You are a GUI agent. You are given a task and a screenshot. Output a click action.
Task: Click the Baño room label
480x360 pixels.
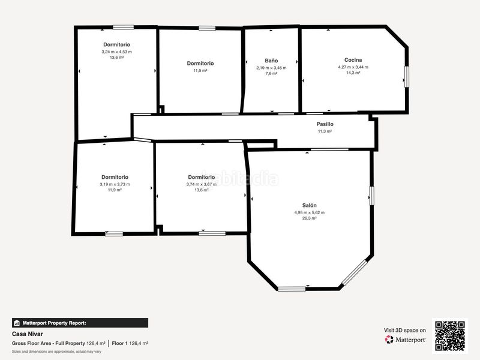point(271,61)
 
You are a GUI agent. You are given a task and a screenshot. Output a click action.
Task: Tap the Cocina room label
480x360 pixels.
point(353,60)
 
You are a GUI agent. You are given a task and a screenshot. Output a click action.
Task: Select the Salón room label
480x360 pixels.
point(309,205)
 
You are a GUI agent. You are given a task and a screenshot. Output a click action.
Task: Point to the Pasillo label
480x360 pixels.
point(325,124)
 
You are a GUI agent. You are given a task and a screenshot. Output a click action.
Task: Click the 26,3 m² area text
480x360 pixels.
point(309,218)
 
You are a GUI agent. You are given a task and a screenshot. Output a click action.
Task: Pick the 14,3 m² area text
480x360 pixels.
point(353,73)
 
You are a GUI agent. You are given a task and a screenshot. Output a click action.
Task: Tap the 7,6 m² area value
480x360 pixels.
point(271,73)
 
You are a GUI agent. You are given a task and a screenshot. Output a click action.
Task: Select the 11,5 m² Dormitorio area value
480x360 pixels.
point(200,70)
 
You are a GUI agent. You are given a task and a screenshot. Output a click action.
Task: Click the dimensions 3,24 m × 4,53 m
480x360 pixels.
point(116,52)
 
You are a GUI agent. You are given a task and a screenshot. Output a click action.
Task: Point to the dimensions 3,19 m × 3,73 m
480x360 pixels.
point(115,184)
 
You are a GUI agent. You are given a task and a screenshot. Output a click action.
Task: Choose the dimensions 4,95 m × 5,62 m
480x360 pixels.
point(309,212)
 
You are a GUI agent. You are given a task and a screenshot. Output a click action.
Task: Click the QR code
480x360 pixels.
point(450,336)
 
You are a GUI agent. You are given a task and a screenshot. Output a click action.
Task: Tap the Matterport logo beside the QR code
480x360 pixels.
point(405,340)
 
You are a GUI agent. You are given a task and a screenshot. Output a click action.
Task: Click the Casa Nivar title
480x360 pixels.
point(28,334)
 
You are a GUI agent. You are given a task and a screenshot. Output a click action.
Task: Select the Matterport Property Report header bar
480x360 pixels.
point(80,323)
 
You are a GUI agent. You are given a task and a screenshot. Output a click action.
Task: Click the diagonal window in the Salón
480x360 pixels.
point(354,272)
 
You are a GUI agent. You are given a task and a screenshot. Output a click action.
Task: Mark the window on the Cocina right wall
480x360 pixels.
point(407,77)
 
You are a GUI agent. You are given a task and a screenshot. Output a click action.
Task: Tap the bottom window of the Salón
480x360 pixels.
point(292,289)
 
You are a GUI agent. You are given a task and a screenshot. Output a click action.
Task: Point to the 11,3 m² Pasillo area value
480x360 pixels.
point(325,131)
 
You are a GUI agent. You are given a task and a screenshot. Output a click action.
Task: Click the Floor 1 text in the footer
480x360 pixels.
point(118,343)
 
